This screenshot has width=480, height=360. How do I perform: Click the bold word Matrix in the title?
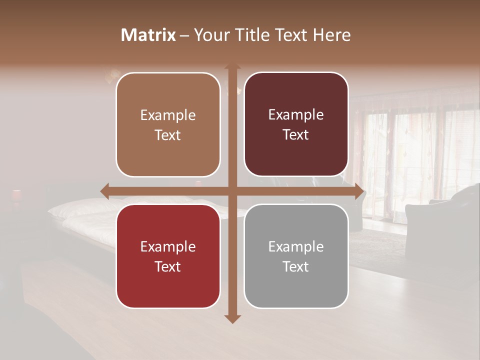[x=148, y=35]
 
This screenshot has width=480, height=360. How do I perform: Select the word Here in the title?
[x=331, y=35]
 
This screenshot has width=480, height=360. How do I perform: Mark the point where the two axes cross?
[x=232, y=191]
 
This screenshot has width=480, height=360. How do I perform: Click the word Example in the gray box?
[x=296, y=246]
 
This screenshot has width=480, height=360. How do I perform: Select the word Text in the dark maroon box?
[x=296, y=135]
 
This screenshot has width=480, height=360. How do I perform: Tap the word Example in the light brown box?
[x=168, y=115]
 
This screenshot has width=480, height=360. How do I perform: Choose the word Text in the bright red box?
[x=168, y=266]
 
